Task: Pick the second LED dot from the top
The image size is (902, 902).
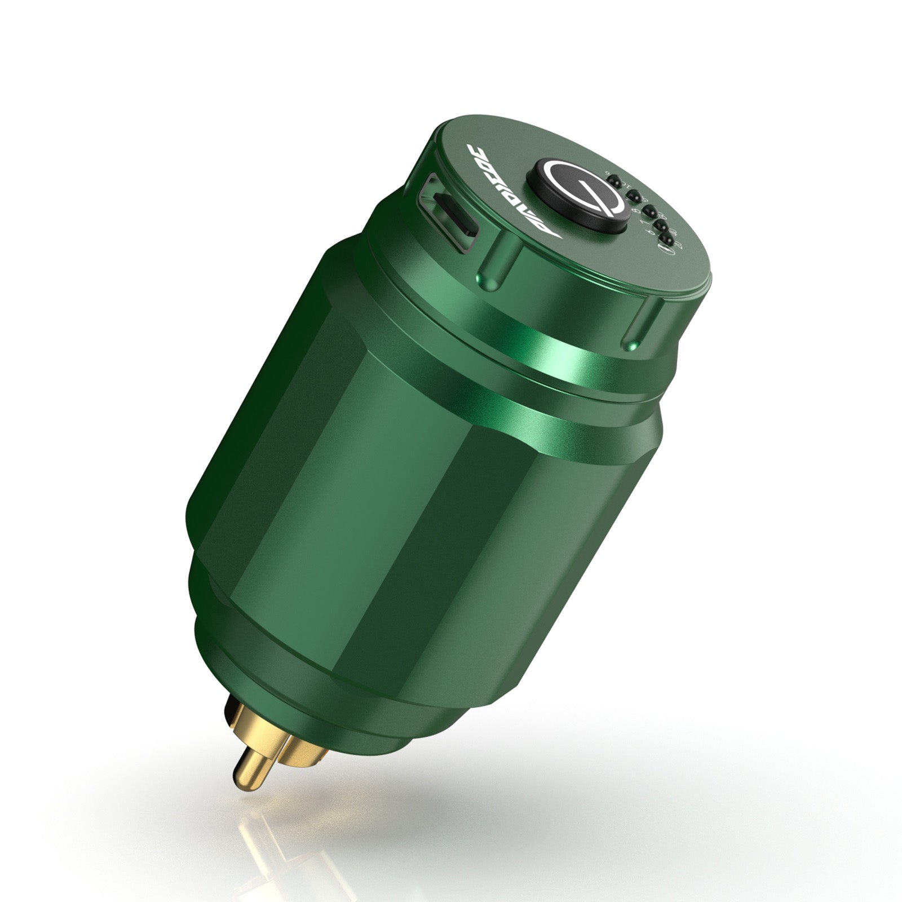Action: (633, 196)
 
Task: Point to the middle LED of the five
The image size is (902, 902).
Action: (649, 212)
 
